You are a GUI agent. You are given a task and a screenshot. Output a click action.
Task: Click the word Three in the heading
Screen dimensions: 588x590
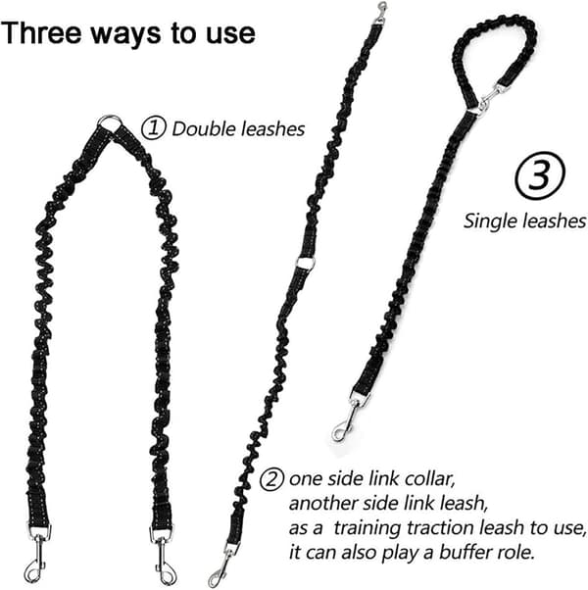tap(41, 33)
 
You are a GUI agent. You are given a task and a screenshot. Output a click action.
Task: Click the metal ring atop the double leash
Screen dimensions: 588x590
tap(110, 123)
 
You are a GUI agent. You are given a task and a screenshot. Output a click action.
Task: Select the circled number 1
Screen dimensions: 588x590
tap(154, 128)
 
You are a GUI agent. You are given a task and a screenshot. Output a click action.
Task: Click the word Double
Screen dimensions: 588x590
tap(204, 129)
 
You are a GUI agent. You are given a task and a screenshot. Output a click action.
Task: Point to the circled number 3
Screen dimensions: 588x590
tap(539, 175)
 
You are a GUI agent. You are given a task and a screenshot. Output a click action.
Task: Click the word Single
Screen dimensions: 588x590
tap(489, 221)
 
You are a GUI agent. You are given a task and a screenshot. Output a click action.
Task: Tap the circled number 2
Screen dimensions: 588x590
tap(271, 479)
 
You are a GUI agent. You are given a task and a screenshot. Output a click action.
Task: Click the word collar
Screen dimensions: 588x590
tap(429, 479)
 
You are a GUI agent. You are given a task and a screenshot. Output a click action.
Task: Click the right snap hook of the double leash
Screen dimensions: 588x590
tap(165, 556)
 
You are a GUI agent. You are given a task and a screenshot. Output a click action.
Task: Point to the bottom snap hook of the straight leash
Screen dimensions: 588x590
tap(222, 565)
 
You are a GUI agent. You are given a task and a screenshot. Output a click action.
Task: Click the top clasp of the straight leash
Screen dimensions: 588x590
tap(381, 13)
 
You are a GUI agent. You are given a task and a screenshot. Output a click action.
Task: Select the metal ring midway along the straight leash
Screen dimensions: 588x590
tap(305, 263)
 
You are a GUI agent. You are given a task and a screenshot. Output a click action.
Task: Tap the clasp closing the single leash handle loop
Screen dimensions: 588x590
tap(488, 99)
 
